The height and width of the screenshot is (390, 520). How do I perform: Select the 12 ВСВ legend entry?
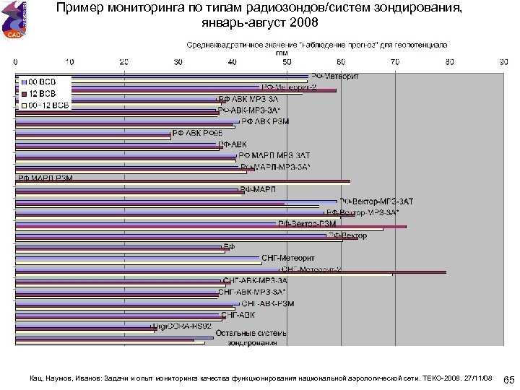tap(43, 93)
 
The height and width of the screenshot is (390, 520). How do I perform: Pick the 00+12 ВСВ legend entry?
tap(46, 105)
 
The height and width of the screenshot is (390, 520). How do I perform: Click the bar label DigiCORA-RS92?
tap(181, 326)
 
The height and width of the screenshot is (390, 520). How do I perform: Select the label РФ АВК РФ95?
tap(191, 133)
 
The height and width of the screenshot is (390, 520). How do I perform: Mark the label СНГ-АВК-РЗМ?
tap(267, 303)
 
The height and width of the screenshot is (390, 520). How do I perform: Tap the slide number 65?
tap(508, 379)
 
